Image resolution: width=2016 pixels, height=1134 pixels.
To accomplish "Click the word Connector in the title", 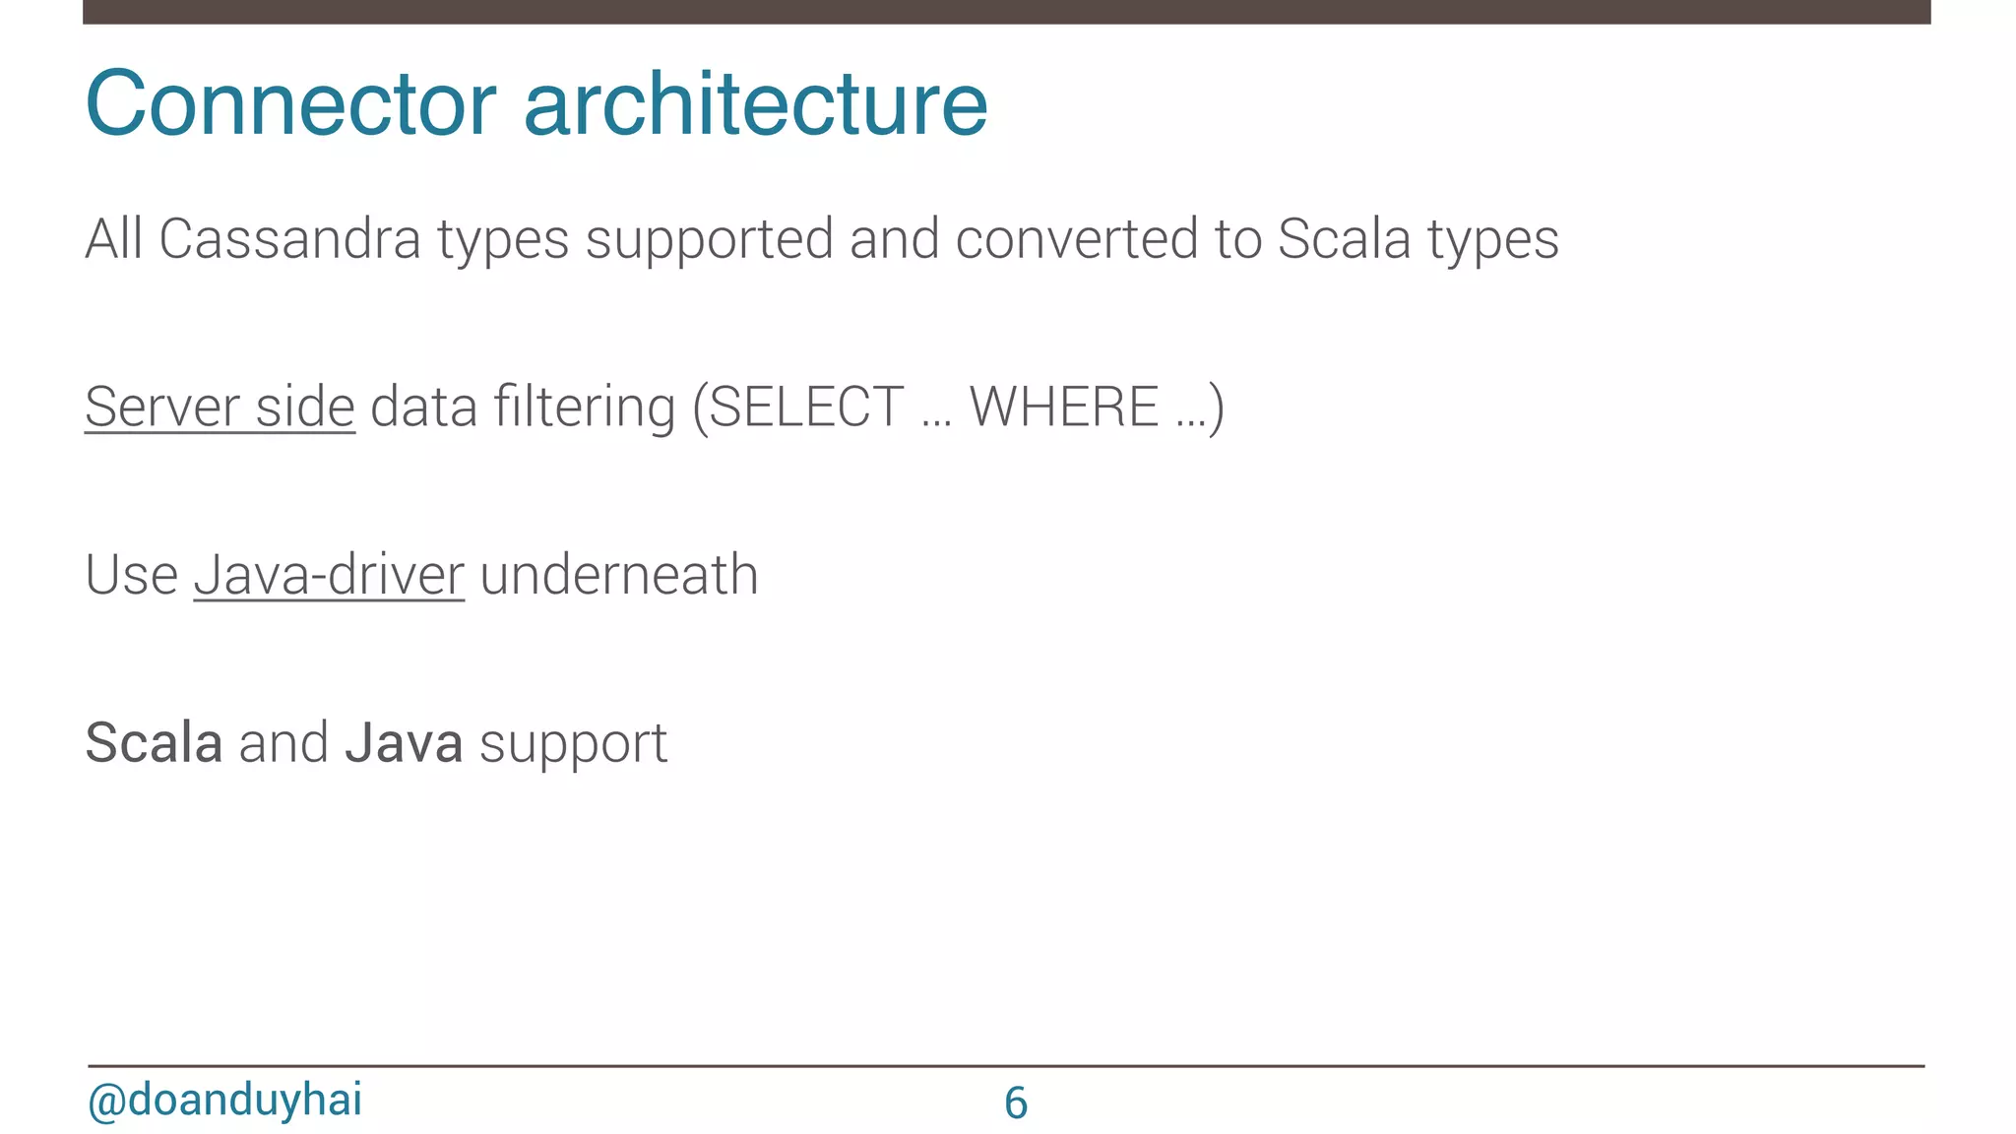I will (291, 104).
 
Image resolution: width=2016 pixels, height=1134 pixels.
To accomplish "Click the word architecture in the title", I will (755, 104).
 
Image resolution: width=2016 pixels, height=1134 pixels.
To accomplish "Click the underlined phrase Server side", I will (220, 407).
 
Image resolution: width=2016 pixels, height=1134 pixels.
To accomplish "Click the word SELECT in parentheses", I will (805, 407).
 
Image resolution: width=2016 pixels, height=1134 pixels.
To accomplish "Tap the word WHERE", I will (1063, 407).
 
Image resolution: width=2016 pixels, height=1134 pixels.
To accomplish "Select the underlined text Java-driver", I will (329, 575).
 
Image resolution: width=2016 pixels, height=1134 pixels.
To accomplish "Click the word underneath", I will (619, 575).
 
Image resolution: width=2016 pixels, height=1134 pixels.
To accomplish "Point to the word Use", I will (131, 575).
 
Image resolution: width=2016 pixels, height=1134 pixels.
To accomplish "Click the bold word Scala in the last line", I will (154, 742).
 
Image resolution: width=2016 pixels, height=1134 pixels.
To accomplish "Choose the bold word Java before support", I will (404, 742).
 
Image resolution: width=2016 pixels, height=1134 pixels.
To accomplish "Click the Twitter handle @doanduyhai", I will (224, 1100).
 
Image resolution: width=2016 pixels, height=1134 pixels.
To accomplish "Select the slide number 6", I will (1016, 1102).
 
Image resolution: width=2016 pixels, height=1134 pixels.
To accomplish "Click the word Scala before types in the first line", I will (1344, 239).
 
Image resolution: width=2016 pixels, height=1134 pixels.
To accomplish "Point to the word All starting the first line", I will (114, 239).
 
